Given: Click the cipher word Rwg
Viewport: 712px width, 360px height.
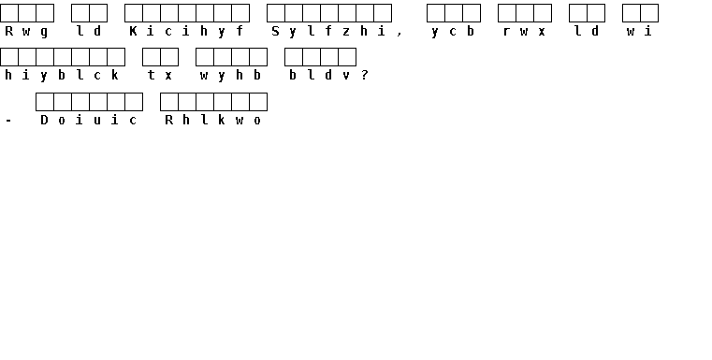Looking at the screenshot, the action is [27, 32].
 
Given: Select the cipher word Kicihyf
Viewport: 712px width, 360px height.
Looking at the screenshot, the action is [186, 32].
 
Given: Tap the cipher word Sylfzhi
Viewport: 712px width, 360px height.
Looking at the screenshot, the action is [328, 32].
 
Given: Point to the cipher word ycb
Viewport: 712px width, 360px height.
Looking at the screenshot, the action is [453, 32].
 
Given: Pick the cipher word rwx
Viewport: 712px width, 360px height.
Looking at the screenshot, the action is [524, 32].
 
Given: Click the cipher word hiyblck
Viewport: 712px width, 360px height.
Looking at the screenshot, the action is [62, 76].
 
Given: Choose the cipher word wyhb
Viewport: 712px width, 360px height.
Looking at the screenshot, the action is [231, 76].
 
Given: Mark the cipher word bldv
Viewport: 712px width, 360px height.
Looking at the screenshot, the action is [320, 76].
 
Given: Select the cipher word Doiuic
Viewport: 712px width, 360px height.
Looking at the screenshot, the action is [89, 120].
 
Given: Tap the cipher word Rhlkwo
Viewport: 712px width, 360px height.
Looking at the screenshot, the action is [213, 120].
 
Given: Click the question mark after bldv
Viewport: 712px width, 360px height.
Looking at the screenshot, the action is [365, 76].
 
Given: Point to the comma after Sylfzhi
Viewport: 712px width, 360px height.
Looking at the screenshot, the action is [400, 34].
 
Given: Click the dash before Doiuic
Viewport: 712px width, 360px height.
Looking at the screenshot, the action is [8, 121].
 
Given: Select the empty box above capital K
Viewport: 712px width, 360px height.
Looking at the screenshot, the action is [134, 13].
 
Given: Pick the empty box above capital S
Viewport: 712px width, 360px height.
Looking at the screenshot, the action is [276, 13].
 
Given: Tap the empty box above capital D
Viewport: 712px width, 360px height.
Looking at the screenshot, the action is [45, 102].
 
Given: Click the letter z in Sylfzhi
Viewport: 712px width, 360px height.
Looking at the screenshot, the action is [346, 32].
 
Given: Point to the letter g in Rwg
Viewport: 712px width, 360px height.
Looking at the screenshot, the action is [44, 33].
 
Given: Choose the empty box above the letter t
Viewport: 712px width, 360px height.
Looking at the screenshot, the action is [152, 57].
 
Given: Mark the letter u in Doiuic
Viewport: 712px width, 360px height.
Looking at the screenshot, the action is [97, 121].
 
